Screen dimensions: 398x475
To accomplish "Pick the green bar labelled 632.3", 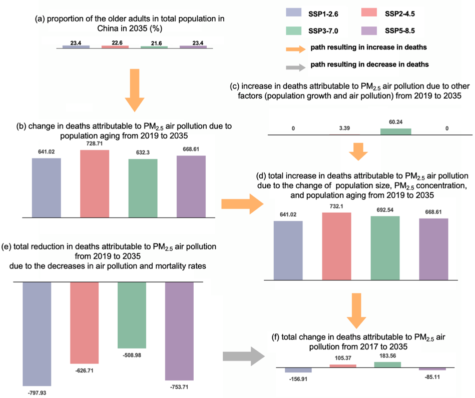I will pos(143,188).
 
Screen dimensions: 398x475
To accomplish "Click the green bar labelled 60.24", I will pos(395,131).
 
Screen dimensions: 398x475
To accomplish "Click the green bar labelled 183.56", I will pos(387,364).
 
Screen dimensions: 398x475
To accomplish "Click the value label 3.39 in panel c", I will pos(344,128).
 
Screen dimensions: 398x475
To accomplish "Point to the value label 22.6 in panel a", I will pos(115,42).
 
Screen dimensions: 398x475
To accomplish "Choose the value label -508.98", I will pos(132,354).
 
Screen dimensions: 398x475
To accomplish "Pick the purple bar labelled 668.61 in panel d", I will pos(433,248).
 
